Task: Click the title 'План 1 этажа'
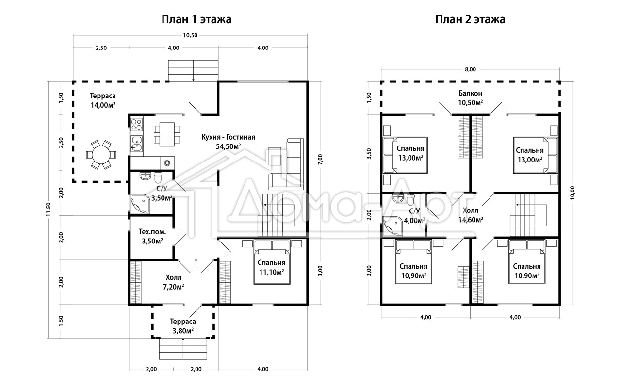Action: pos(196,20)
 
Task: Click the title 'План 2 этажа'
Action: pos(470,20)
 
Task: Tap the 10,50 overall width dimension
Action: pos(190,35)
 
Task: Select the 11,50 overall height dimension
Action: pos(49,209)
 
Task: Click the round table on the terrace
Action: pos(101,155)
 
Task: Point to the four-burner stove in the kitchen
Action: pos(136,124)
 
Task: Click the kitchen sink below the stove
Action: pos(136,144)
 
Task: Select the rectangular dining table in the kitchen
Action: pos(167,134)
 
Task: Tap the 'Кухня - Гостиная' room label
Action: pos(228,137)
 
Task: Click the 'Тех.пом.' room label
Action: pos(152,232)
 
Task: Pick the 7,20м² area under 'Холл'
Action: pos(174,287)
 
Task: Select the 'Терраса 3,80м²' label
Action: pos(183,326)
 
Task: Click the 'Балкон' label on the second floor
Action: pos(470,93)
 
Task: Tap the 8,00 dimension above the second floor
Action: pos(470,69)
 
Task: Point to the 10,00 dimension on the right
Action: pos(573,193)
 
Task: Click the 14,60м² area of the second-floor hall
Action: pos(471,220)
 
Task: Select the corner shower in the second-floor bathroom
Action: pos(392,226)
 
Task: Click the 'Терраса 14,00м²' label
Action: pos(102,100)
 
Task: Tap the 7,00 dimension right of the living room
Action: pos(320,160)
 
